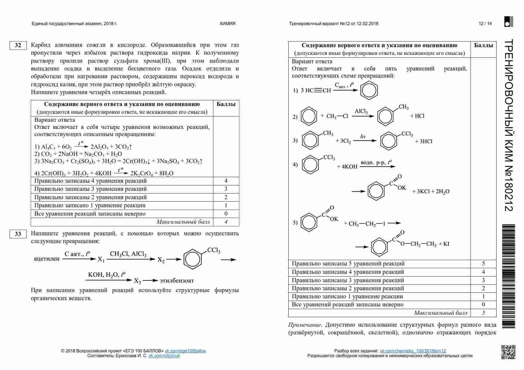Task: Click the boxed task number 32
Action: pos(18,45)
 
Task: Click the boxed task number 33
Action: pos(18,234)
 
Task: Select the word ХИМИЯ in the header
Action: pos(227,24)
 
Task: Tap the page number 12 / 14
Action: pos(485,24)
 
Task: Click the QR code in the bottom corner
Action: pos(508,352)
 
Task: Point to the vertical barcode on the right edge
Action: pos(509,276)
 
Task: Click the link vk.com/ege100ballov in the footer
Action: pos(185,351)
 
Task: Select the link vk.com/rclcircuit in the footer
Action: pos(164,356)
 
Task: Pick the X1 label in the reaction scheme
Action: pos(101,260)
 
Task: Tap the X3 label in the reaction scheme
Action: pos(137,281)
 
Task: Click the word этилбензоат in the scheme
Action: pos(177,281)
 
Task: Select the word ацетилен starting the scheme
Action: pos(47,259)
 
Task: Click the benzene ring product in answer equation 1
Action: pos(369,90)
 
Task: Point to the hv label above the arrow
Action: pos(363,136)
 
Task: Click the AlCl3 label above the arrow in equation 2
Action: pos(361,111)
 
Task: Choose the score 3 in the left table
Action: pos(226,189)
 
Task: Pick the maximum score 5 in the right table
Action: pos(483,313)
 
